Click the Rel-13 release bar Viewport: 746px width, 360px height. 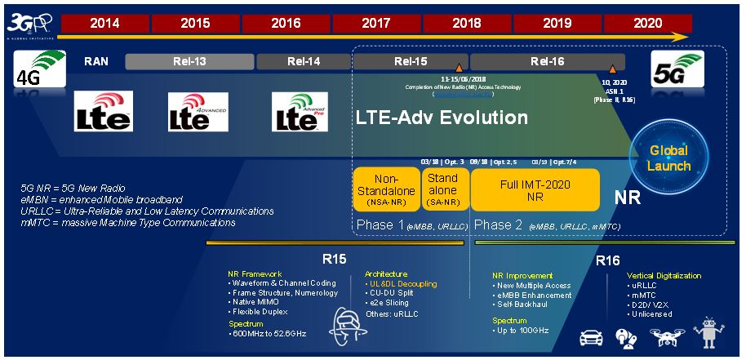[189, 62]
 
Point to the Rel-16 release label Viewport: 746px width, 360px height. [548, 62]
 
